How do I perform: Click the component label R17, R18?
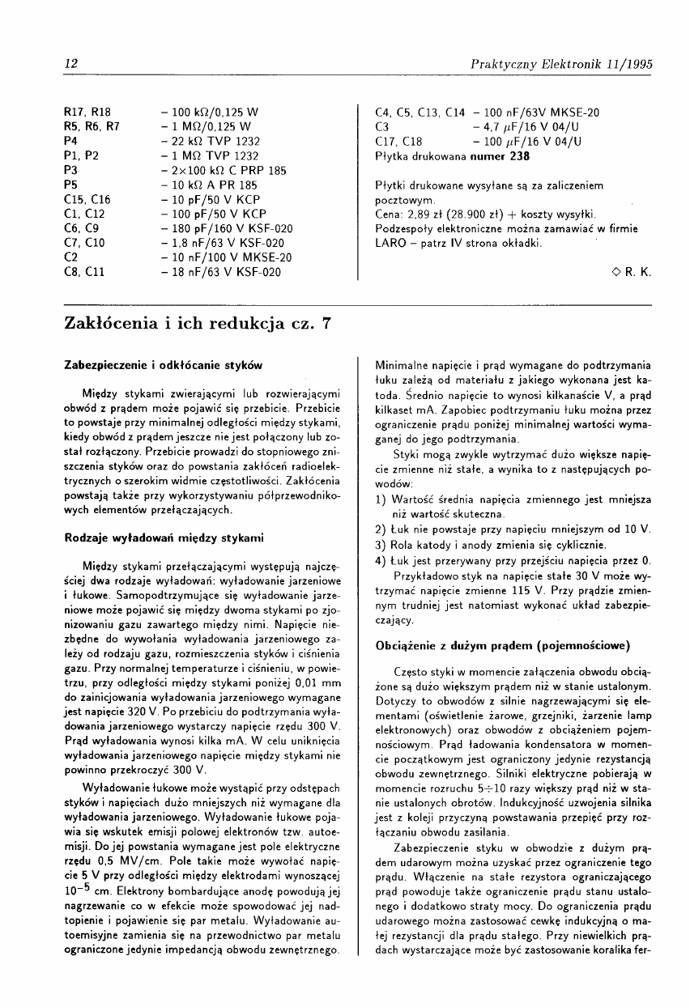87,113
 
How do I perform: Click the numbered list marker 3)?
380,544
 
